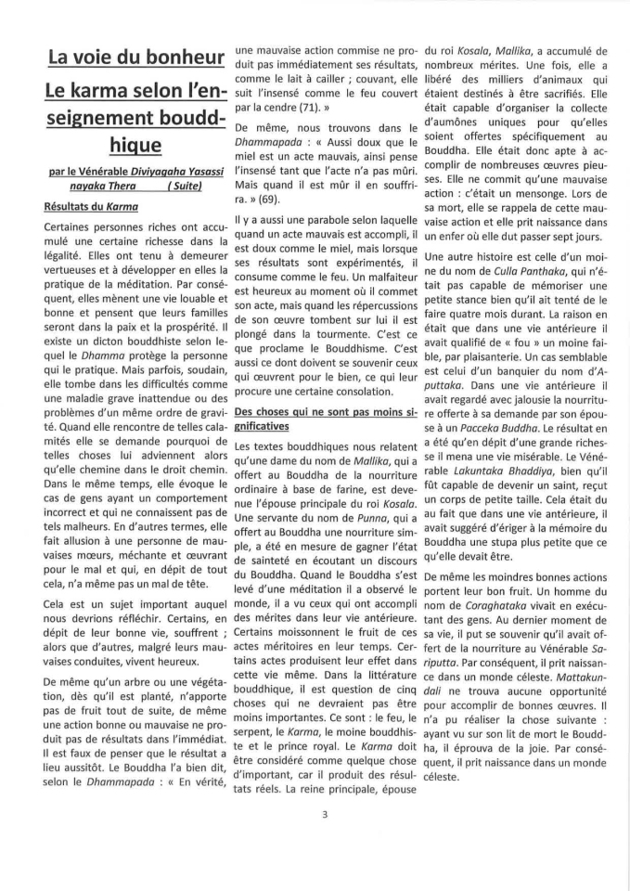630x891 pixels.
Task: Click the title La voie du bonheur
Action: pos(136,57)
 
